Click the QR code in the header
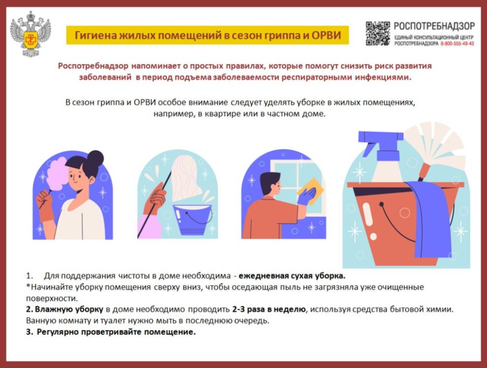378,34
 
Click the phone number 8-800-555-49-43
457,44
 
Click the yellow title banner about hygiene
207,36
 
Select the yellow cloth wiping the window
310,190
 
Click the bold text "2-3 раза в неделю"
269,309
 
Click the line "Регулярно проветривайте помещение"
116,332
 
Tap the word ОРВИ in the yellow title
323,36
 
